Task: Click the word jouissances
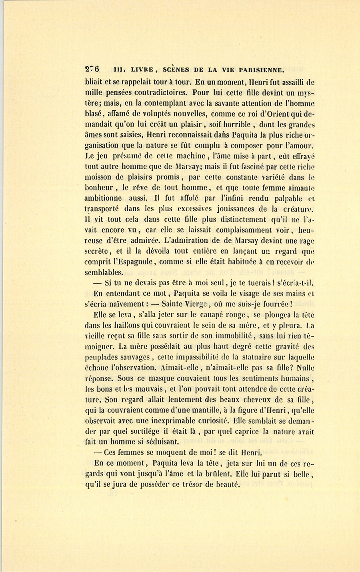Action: [228, 208]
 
